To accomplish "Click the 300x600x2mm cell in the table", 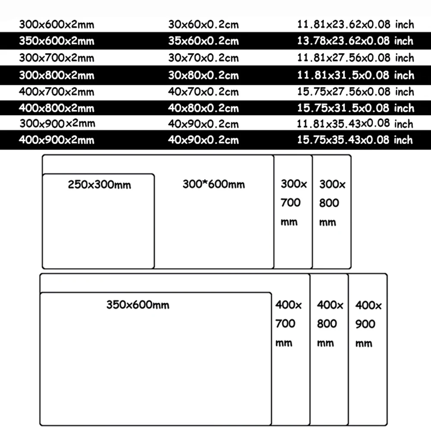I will pos(56,25).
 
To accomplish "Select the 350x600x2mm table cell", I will pos(56,41).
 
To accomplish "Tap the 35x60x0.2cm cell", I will pos(203,41).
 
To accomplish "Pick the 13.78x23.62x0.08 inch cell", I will pos(355,41).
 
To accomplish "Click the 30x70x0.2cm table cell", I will pos(203,58).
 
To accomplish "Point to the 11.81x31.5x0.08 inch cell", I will pos(355,75).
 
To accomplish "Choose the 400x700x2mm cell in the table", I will pos(56,91).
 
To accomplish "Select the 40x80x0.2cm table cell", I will pos(203,108).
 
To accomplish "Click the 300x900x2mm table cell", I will pos(56,124).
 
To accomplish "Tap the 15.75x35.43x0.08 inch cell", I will pos(355,140).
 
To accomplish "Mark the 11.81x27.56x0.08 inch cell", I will pos(355,58).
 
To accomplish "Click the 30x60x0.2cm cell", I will pos(203,25).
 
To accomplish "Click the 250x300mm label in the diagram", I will pos(100,185).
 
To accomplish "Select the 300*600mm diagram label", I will pos(214,184).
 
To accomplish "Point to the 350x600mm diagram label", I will pos(138,305).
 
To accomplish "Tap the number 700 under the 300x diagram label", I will pos(291,203).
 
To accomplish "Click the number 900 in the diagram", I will pos(365,324).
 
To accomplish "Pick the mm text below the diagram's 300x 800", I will pos(328,222).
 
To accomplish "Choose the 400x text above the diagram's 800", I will pos(330,305).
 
